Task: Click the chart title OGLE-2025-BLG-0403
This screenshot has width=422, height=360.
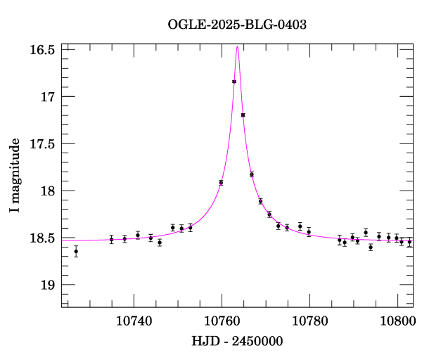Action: point(237,24)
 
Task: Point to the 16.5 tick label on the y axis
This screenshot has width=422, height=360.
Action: point(43,50)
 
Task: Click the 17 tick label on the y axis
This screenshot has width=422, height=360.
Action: point(49,96)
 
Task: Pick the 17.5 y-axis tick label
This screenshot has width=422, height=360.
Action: point(43,143)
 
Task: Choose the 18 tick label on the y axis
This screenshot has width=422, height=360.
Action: point(49,191)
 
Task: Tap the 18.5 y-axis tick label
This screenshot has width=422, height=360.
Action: point(43,238)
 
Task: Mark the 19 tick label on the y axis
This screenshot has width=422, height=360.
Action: point(49,285)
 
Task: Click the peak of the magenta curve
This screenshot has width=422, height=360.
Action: point(238,46)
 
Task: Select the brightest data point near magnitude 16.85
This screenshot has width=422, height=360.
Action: point(234,82)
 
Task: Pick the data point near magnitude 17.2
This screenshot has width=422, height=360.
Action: point(243,115)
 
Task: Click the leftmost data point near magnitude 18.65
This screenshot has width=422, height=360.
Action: point(76,251)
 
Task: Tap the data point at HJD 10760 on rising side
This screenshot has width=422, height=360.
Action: point(221,182)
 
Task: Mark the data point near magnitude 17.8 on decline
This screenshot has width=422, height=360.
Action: point(252,174)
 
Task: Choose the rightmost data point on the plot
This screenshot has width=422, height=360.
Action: point(409,242)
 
